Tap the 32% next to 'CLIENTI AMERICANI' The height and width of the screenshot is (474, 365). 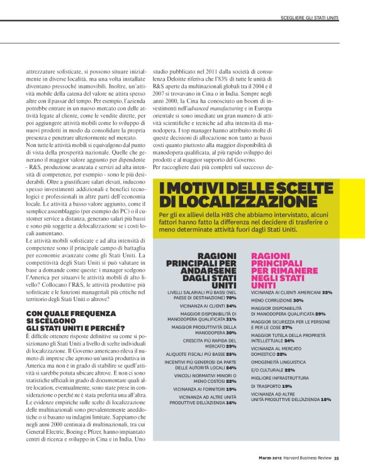(327, 292)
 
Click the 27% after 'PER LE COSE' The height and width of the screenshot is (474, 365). (287, 328)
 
